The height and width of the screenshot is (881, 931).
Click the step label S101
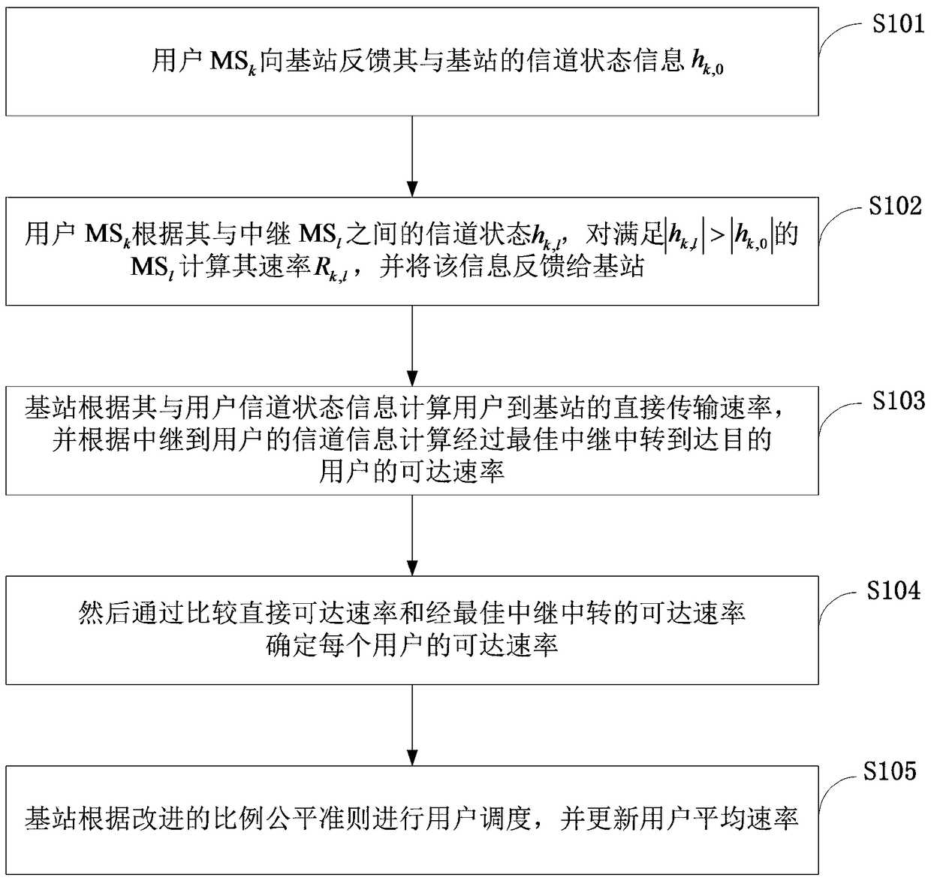pos(897,24)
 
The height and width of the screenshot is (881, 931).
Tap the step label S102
pos(894,206)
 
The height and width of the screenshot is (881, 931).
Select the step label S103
pos(898,401)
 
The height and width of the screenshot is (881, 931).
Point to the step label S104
pos(893,591)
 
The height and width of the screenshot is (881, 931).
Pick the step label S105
pos(890,771)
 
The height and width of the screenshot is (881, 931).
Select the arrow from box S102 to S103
pos(412,345)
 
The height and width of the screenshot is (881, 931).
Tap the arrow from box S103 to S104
pos(412,536)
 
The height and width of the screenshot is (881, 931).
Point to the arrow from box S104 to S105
pos(412,725)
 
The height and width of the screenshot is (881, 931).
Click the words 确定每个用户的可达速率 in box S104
pos(412,645)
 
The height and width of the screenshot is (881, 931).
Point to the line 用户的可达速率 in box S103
pos(412,471)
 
